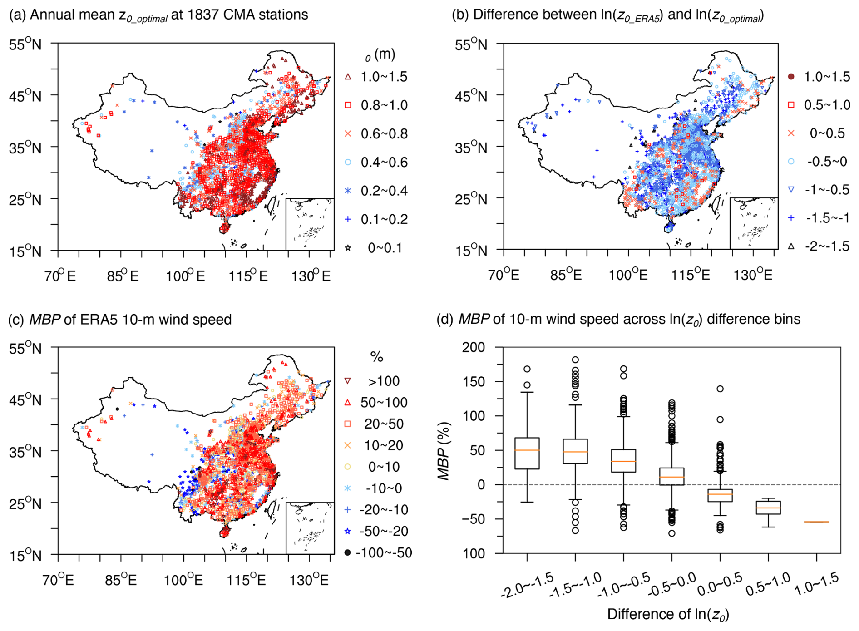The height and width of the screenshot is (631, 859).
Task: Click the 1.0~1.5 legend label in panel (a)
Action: pyautogui.click(x=384, y=77)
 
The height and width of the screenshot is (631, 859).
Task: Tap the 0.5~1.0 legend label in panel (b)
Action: pyautogui.click(x=827, y=105)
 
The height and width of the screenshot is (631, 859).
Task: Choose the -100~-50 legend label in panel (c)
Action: pyautogui.click(x=384, y=552)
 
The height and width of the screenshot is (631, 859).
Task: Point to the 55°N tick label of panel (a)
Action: pyautogui.click(x=25, y=44)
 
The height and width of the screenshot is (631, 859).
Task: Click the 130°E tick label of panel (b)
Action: pyautogui.click(x=753, y=275)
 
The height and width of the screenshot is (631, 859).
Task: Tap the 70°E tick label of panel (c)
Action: pyautogui.click(x=59, y=580)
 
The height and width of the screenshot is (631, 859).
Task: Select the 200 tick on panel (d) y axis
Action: pyautogui.click(x=473, y=347)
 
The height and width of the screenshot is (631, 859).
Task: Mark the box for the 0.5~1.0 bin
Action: pyautogui.click(x=768, y=508)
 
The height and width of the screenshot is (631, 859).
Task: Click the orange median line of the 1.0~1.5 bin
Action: pyautogui.click(x=816, y=522)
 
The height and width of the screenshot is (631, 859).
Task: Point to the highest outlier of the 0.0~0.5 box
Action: pyautogui.click(x=720, y=389)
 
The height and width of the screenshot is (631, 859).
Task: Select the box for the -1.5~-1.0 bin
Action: pyautogui.click(x=575, y=451)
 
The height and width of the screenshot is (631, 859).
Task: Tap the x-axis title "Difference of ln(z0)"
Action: pyautogui.click(x=668, y=615)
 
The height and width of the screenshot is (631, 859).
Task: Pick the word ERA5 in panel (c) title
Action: pyautogui.click(x=98, y=320)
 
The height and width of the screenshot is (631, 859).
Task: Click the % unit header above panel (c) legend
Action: pyautogui.click(x=376, y=357)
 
